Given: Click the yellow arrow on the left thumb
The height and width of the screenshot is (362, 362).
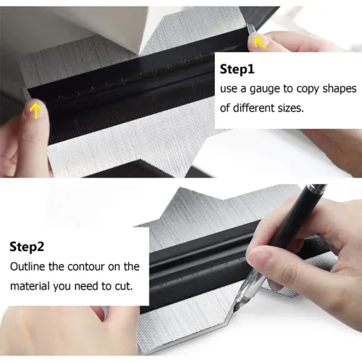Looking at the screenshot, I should pyautogui.click(x=33, y=110).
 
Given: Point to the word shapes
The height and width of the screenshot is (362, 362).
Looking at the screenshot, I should pyautogui.click(x=332, y=89).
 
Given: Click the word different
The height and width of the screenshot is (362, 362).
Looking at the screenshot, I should pyautogui.click(x=259, y=108).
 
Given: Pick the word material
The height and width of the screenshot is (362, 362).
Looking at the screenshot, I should pyautogui.click(x=31, y=285).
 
